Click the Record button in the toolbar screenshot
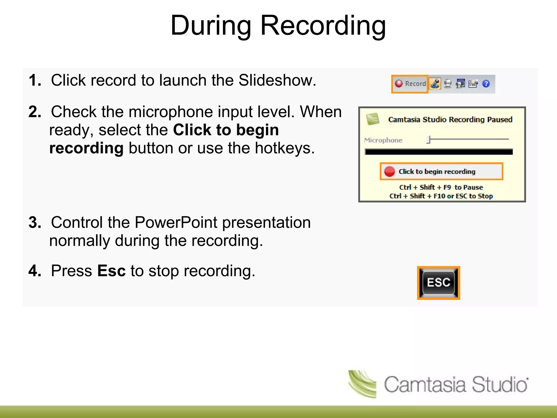[410, 84]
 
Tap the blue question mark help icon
[486, 84]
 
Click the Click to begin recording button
[441, 171]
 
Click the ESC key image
[438, 283]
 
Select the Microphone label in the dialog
[383, 140]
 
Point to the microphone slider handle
[428, 139]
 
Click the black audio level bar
[438, 152]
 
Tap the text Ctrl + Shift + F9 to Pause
[441, 187]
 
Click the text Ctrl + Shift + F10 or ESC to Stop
[441, 196]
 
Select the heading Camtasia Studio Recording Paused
[450, 119]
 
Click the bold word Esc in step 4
[111, 271]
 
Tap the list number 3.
[34, 222]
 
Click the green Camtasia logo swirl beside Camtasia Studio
[363, 384]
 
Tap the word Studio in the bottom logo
[499, 385]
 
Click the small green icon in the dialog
[373, 119]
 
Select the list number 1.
[34, 80]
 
